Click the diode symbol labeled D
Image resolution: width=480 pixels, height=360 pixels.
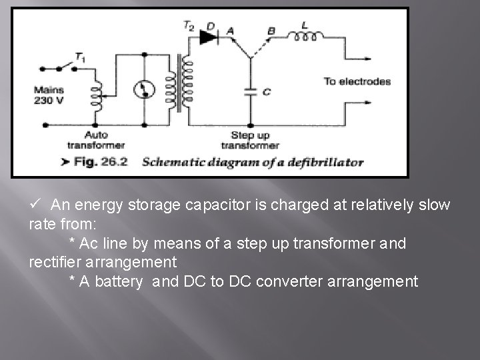click(209, 37)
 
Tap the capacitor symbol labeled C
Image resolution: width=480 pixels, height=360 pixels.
click(251, 92)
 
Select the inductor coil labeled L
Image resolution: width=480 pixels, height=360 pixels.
click(305, 37)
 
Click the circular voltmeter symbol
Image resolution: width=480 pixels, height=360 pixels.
click(144, 89)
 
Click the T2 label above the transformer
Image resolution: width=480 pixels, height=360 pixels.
click(189, 25)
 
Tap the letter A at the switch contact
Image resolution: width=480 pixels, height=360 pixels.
click(230, 31)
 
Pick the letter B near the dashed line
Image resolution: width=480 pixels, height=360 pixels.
click(271, 31)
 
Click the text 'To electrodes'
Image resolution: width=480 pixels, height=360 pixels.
click(357, 81)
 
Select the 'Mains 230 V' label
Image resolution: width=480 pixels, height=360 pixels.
click(49, 95)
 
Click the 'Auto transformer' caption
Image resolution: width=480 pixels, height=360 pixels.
click(96, 140)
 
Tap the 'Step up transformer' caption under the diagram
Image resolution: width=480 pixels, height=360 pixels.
click(251, 140)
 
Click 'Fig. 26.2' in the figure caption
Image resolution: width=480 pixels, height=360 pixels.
click(101, 161)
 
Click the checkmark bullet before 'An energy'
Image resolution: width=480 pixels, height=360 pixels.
click(35, 203)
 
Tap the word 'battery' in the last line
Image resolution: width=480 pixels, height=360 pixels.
click(119, 281)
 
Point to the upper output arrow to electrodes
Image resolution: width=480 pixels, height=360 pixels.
click(358, 59)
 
